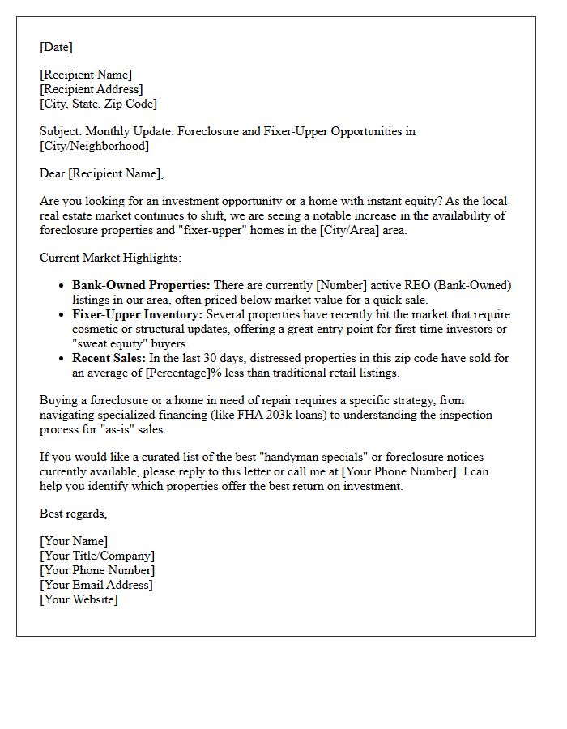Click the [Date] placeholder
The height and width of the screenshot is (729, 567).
tap(56, 47)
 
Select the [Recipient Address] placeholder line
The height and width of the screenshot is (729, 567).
tap(91, 89)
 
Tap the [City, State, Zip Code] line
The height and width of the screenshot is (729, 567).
tap(98, 104)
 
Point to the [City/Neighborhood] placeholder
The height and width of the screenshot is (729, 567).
tap(94, 146)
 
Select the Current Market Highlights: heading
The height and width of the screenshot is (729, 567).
tap(111, 258)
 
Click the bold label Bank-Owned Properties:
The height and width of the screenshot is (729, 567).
tap(141, 285)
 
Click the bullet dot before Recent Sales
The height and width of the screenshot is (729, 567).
tap(62, 358)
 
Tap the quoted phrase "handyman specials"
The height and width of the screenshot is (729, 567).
tap(309, 458)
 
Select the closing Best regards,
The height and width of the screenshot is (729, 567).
tap(73, 514)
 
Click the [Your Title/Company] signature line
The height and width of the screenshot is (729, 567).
tap(96, 556)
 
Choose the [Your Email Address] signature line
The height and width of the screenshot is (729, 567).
tap(96, 585)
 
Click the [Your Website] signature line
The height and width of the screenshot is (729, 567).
tap(78, 599)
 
